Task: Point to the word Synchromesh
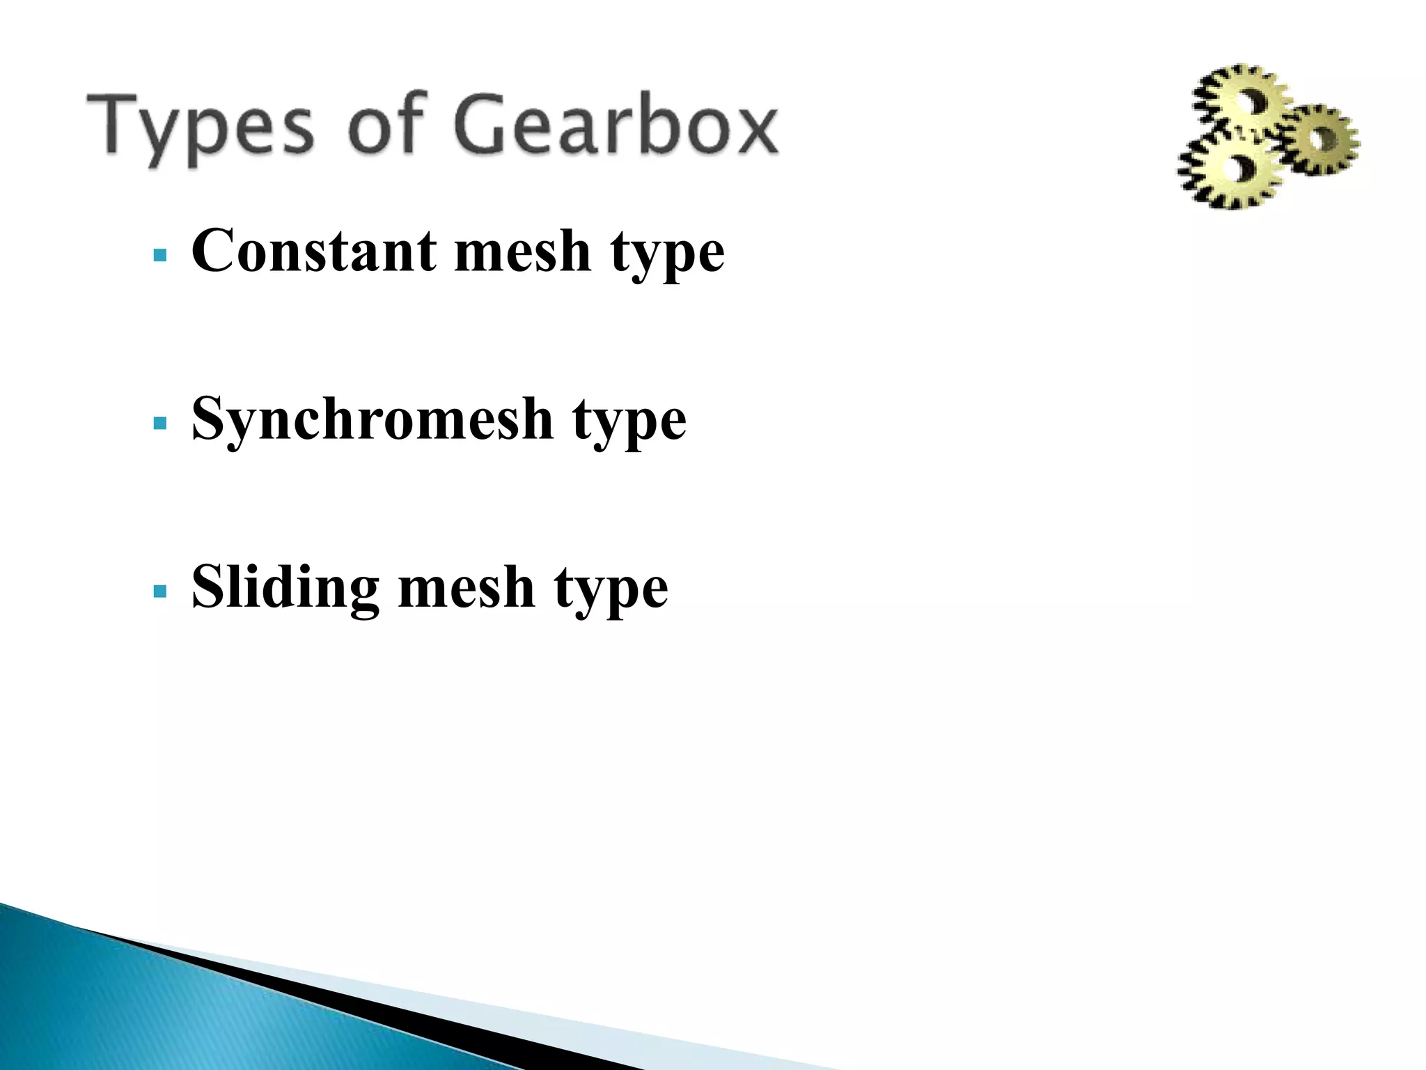[372, 420]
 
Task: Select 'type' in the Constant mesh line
[668, 254]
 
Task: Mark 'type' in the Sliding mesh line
[611, 591]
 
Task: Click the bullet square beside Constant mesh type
[160, 255]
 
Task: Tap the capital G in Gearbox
[487, 125]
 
